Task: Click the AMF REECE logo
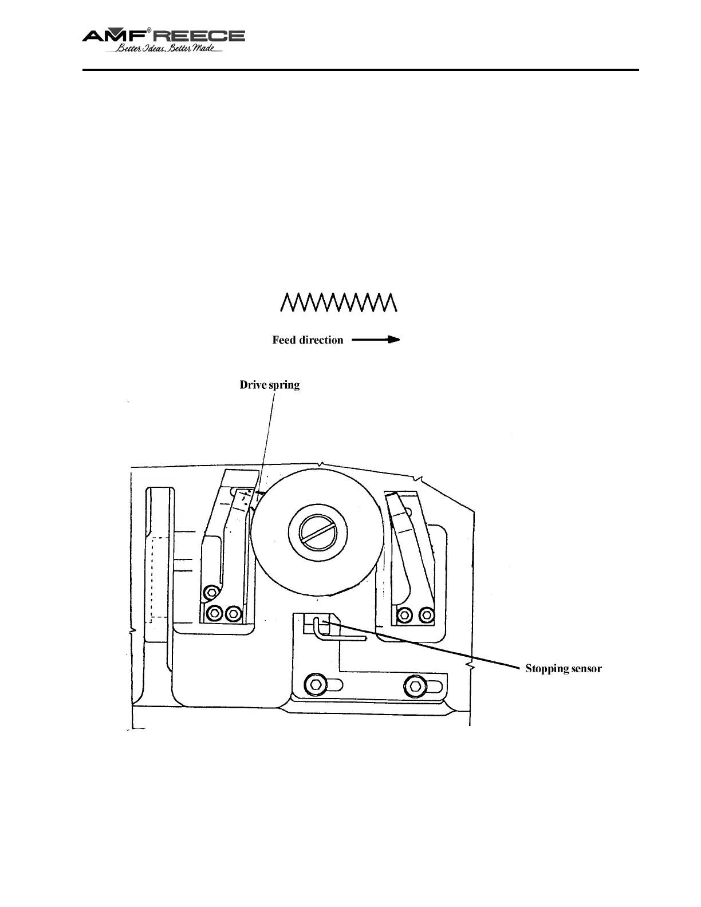click(x=164, y=36)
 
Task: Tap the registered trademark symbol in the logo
click(x=149, y=29)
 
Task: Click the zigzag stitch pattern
click(x=338, y=302)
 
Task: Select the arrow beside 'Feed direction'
click(x=376, y=340)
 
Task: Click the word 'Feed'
click(x=284, y=340)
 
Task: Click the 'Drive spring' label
click(x=269, y=385)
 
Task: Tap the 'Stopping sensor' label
click(x=564, y=668)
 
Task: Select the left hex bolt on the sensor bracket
click(x=317, y=684)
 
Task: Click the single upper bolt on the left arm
click(x=212, y=591)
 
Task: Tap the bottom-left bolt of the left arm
click(x=215, y=613)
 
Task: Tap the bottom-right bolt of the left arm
click(x=233, y=613)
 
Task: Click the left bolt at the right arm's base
click(x=404, y=614)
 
